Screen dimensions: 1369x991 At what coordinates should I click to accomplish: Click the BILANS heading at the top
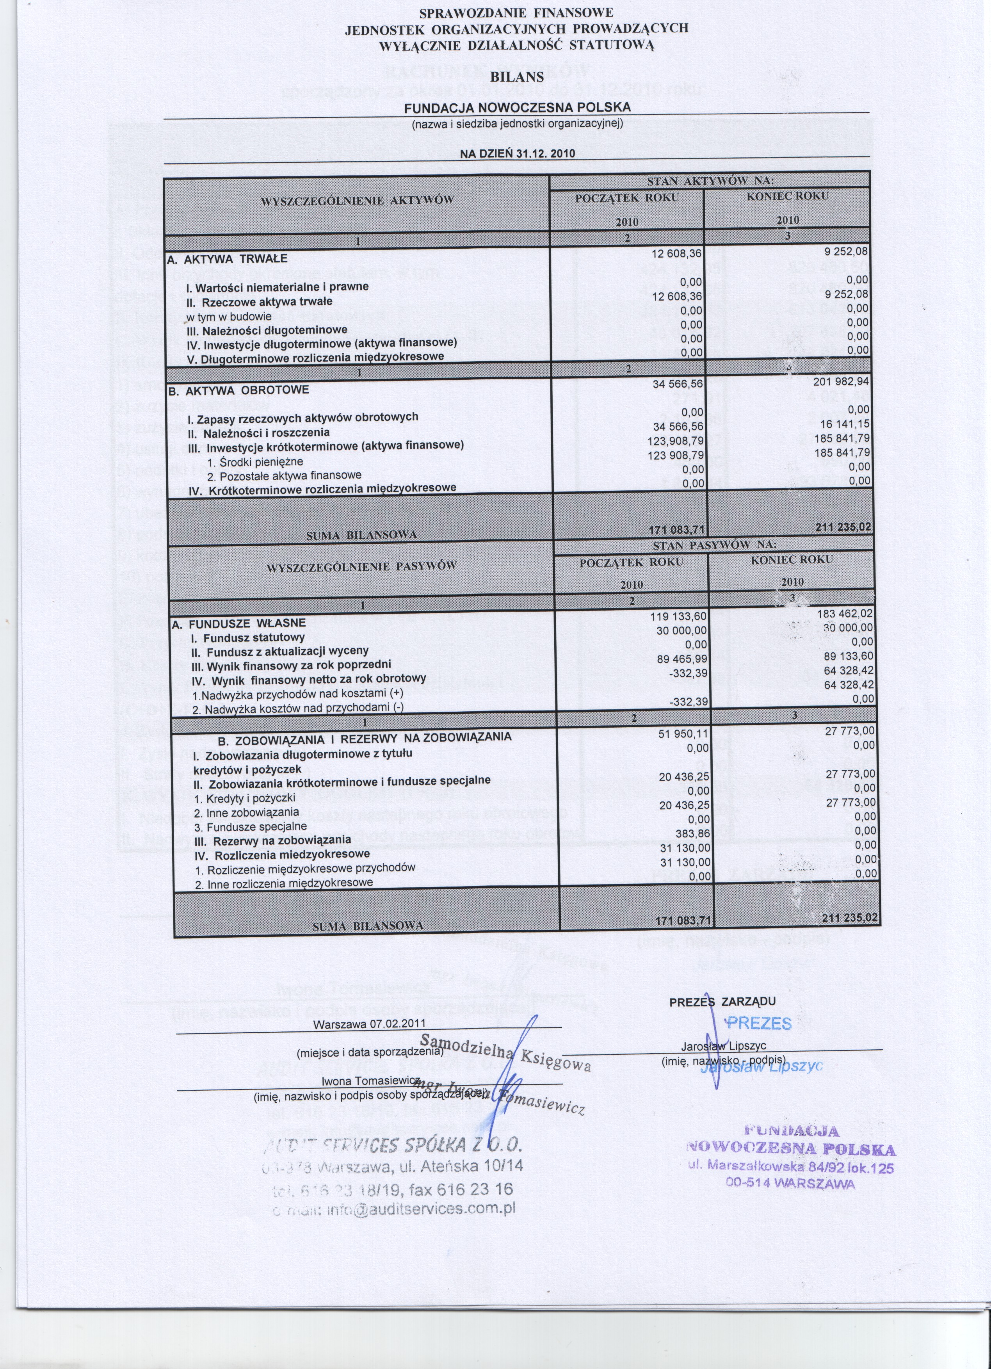pyautogui.click(x=517, y=77)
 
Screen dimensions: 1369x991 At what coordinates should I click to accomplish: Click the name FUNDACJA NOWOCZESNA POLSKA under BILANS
pyautogui.click(x=517, y=107)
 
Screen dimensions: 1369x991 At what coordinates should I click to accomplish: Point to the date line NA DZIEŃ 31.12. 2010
pyautogui.click(x=517, y=153)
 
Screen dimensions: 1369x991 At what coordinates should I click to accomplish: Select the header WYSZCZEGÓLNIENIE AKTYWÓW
pyautogui.click(x=357, y=200)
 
